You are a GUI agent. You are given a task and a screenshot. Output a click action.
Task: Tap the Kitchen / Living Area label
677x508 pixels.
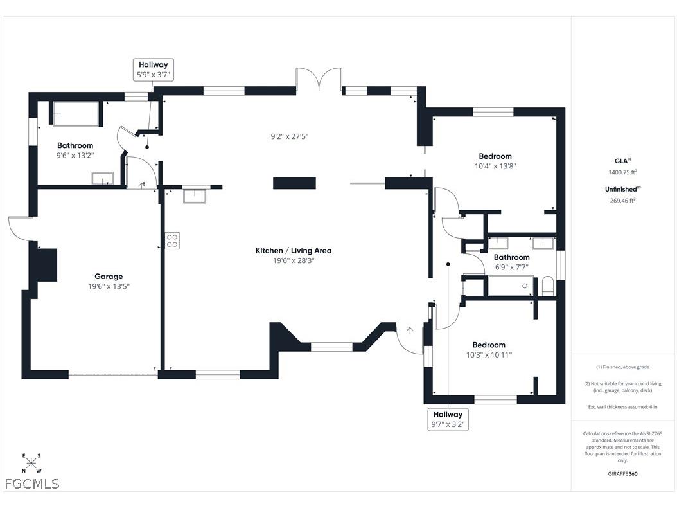(294, 251)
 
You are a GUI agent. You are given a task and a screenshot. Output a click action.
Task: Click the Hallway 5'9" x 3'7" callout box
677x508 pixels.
(154, 69)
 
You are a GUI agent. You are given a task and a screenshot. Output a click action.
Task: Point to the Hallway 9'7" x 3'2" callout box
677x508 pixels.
(448, 419)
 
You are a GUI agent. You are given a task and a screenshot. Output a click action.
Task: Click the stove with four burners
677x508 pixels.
(173, 240)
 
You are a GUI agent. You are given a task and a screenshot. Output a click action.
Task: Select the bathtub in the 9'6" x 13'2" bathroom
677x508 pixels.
(76, 114)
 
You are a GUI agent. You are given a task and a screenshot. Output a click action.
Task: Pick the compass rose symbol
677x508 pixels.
(31, 463)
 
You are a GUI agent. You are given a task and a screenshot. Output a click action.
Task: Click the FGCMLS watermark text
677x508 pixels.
(32, 484)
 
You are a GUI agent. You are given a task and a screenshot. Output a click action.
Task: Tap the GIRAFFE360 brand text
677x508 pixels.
(622, 474)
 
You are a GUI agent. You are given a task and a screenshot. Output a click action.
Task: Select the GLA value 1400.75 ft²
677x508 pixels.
(622, 172)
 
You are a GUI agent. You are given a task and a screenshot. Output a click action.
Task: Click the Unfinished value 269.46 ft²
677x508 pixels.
(622, 201)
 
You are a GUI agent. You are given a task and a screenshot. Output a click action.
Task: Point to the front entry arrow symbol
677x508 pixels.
(410, 331)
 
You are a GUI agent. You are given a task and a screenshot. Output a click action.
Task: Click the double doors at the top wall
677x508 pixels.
(319, 80)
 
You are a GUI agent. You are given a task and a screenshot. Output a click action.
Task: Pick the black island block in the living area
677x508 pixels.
(294, 183)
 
